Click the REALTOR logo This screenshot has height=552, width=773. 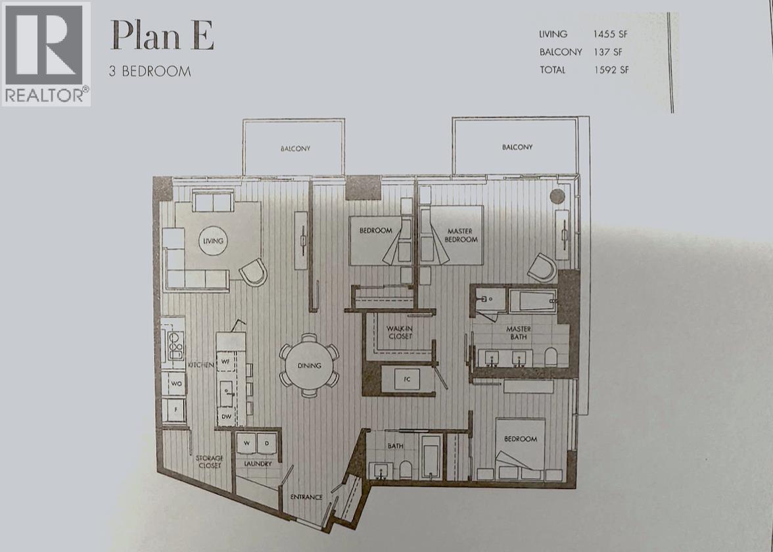pyautogui.click(x=46, y=54)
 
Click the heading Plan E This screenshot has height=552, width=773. pyautogui.click(x=162, y=35)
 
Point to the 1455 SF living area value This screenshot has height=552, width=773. pyautogui.click(x=610, y=34)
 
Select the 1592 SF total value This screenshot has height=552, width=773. pyautogui.click(x=611, y=70)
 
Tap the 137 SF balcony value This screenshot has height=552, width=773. pyautogui.click(x=608, y=52)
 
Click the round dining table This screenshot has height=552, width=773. pyautogui.click(x=310, y=365)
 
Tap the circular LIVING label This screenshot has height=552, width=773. pyautogui.click(x=213, y=241)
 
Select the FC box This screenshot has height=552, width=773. pyautogui.click(x=408, y=379)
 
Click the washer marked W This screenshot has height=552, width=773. pyautogui.click(x=246, y=443)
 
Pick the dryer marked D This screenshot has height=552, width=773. pyautogui.click(x=267, y=443)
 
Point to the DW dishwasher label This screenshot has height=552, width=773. pyautogui.click(x=226, y=417)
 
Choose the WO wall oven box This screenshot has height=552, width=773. pyautogui.click(x=176, y=384)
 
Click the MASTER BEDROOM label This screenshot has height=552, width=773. pyautogui.click(x=460, y=235)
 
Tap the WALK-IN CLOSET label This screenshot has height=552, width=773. pyautogui.click(x=400, y=333)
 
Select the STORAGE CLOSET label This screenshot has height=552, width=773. pyautogui.click(x=210, y=462)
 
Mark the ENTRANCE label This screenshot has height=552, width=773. pyautogui.click(x=306, y=497)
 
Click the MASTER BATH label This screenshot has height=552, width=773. pyautogui.click(x=519, y=333)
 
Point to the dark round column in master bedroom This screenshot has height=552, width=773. pyautogui.click(x=557, y=196)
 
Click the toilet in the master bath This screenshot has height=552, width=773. pyautogui.click(x=551, y=357)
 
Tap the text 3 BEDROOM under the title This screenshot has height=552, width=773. pyautogui.click(x=150, y=72)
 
